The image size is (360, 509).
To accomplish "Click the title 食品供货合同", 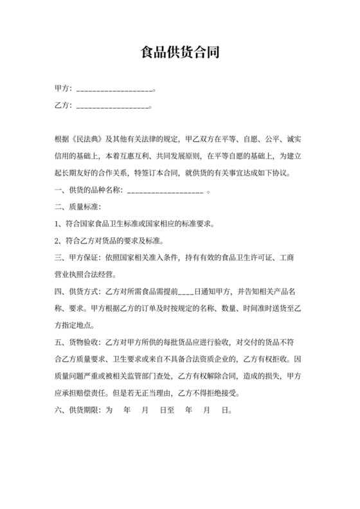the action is [180, 53].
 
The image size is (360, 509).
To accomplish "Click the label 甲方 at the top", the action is [62, 89].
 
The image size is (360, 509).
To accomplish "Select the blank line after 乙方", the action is [113, 107].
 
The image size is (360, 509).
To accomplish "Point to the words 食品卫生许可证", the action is [242, 258].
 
